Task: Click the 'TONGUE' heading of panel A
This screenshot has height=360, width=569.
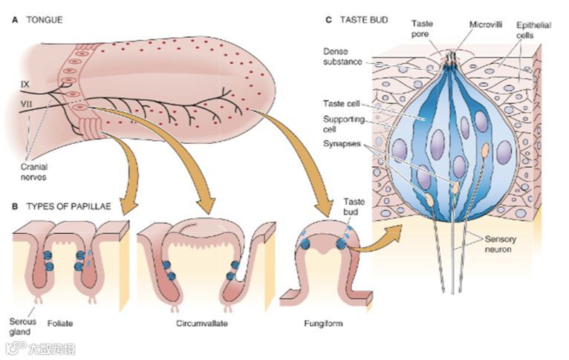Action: point(45,20)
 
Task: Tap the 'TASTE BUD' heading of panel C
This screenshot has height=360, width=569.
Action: point(364,19)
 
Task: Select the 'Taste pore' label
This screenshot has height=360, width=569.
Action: point(423,29)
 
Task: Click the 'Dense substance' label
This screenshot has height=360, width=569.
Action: point(342,56)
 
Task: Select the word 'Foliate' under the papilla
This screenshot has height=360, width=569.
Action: point(60,324)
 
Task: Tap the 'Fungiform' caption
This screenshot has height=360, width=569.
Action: point(323,324)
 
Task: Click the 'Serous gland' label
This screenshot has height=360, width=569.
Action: point(22,327)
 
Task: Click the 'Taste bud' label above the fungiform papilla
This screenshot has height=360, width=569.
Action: point(355,206)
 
